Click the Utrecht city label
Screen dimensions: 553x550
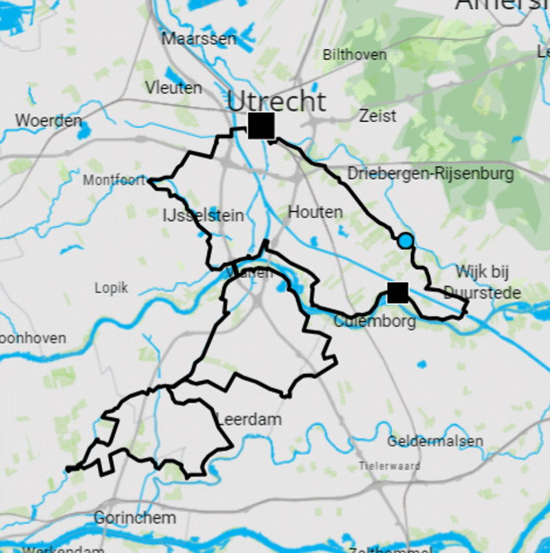click(277, 102)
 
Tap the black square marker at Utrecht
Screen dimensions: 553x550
click(262, 126)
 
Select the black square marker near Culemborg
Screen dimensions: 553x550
click(397, 292)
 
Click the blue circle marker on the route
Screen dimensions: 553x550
click(406, 241)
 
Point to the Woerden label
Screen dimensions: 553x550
click(48, 120)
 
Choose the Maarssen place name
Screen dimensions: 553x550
click(199, 39)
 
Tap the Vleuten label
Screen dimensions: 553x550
click(173, 88)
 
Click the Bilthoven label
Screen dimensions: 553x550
click(355, 55)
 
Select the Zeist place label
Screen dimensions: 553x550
click(377, 115)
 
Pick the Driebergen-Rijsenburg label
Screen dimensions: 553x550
click(431, 173)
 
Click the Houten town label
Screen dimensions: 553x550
click(315, 212)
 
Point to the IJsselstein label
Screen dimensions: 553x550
click(203, 216)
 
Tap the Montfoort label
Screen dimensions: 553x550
click(115, 180)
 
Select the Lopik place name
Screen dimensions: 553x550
click(111, 288)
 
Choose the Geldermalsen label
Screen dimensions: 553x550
click(435, 441)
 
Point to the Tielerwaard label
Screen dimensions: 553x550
click(390, 466)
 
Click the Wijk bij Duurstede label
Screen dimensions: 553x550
click(482, 281)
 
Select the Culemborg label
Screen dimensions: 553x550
click(375, 321)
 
